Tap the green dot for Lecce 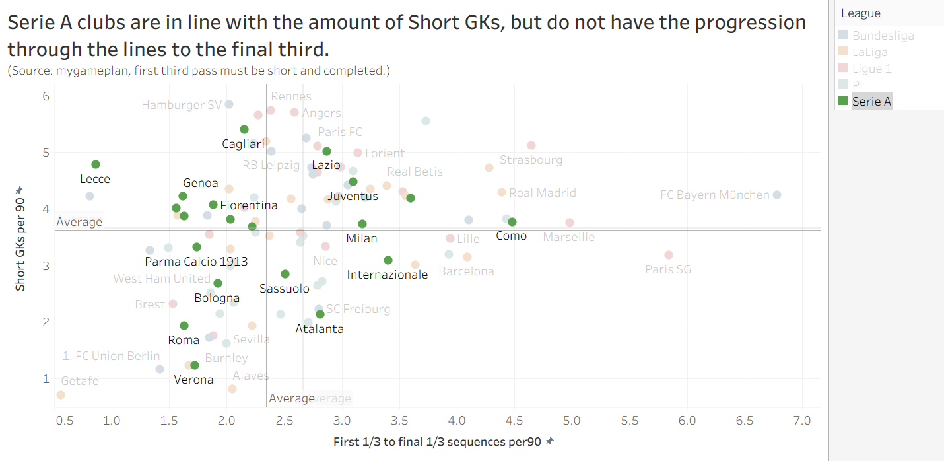click(x=96, y=164)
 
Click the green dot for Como click(x=512, y=222)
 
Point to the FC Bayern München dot click(x=777, y=195)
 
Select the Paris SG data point click(x=669, y=255)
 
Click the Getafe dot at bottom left click(x=61, y=395)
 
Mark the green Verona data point click(x=195, y=365)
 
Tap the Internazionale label click(x=388, y=275)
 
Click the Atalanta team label click(x=320, y=328)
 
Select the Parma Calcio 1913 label click(x=196, y=262)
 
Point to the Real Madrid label click(x=543, y=193)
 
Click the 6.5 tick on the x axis click(x=745, y=420)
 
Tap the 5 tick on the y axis click(x=46, y=153)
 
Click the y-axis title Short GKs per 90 click(x=20, y=238)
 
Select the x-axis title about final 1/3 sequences click(x=439, y=441)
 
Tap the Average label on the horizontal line click(x=79, y=222)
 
